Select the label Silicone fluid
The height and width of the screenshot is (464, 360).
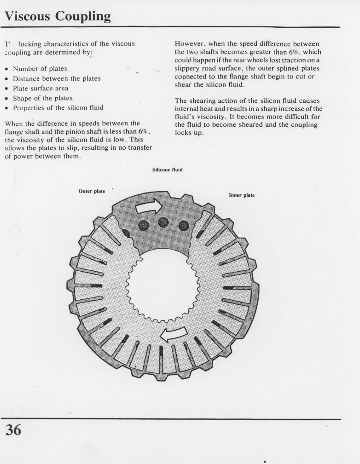(x=167, y=170)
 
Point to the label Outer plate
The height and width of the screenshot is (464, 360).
(x=92, y=191)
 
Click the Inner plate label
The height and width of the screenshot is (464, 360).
(x=242, y=195)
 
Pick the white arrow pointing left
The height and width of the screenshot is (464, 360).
(x=175, y=335)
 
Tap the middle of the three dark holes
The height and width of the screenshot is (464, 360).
(x=163, y=223)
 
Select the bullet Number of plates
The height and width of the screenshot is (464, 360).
(x=40, y=69)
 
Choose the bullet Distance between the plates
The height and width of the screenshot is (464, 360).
(x=56, y=78)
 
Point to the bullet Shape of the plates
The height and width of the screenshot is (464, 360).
(x=43, y=98)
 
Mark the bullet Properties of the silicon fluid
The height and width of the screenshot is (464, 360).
(x=58, y=108)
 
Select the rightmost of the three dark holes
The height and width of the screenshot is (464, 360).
(x=183, y=225)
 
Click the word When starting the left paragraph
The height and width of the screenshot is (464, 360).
(x=14, y=124)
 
